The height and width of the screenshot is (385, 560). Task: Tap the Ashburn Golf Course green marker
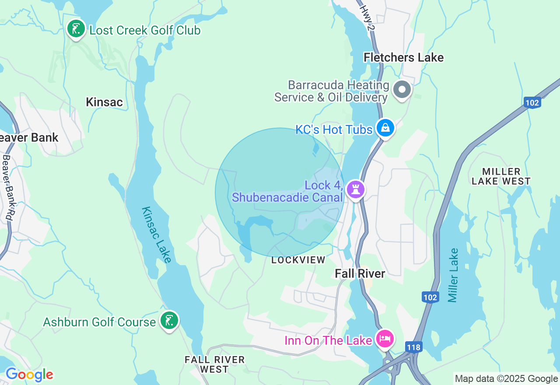pyautogui.click(x=169, y=321)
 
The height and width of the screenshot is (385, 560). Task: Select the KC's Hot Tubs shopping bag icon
pyautogui.click(x=385, y=128)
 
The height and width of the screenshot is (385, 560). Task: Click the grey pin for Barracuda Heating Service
pyautogui.click(x=402, y=90)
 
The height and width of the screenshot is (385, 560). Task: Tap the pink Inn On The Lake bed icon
pyautogui.click(x=385, y=339)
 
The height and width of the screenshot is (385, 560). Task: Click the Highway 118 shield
pyautogui.click(x=413, y=347)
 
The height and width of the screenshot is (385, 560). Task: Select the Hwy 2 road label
pyautogui.click(x=367, y=17)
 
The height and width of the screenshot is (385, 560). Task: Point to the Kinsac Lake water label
pyautogui.click(x=156, y=234)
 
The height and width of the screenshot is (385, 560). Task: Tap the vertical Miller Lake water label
pyautogui.click(x=453, y=275)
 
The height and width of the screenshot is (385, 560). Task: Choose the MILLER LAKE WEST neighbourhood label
pyautogui.click(x=501, y=176)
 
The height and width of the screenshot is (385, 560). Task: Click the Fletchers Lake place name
pyautogui.click(x=403, y=57)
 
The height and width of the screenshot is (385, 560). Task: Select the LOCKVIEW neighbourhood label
pyautogui.click(x=298, y=260)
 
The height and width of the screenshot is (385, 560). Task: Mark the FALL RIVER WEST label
pyautogui.click(x=214, y=364)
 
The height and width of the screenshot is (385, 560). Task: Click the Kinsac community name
pyautogui.click(x=104, y=102)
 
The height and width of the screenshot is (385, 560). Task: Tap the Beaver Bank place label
pyautogui.click(x=29, y=137)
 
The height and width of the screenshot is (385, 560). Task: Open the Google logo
pyautogui.click(x=29, y=375)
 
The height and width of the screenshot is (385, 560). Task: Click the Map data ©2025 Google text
pyautogui.click(x=506, y=379)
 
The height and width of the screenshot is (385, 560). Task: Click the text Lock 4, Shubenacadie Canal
pyautogui.click(x=287, y=191)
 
